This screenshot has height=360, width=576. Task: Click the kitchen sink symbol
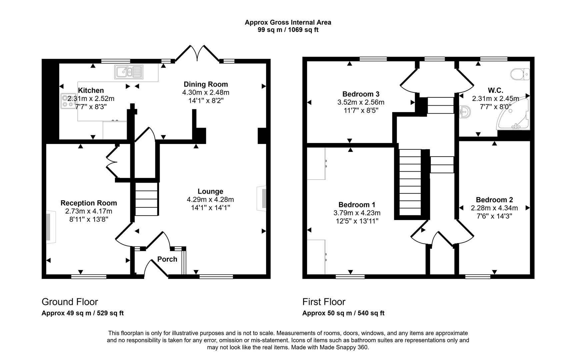tap(129, 72)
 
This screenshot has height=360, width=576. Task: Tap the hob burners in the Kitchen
tap(68, 101)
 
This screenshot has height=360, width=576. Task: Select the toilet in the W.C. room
tap(520, 74)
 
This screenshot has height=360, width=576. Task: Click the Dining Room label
tap(206, 84)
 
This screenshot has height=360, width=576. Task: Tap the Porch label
tap(167, 259)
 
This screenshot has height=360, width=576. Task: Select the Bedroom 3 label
tap(361, 94)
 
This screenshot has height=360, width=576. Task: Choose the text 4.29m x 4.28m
tap(210, 200)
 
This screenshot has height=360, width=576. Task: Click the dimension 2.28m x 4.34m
tap(494, 208)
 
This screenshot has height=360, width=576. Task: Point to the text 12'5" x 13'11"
tap(357, 221)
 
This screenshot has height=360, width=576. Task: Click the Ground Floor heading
tap(70, 302)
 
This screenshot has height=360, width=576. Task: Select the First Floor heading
tap(324, 302)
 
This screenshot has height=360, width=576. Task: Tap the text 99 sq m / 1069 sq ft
tap(288, 30)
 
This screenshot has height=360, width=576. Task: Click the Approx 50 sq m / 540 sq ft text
tap(343, 313)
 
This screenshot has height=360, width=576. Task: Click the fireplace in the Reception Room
tap(49, 227)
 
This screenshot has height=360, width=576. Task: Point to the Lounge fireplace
tap(263, 198)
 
